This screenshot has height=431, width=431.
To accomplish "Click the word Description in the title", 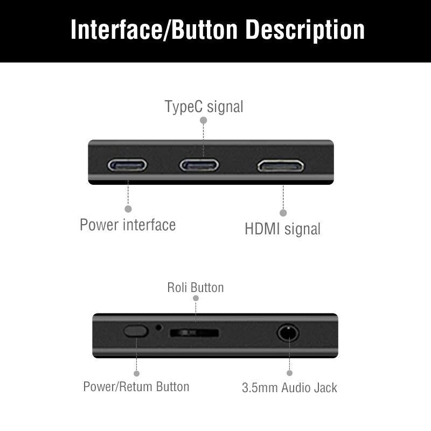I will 305,30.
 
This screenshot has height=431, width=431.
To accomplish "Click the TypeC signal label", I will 204,107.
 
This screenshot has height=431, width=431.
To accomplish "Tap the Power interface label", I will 128,225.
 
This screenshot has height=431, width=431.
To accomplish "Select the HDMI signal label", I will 282,229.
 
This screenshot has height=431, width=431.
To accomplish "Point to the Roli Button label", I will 195,287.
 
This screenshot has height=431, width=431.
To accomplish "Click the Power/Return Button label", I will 136,386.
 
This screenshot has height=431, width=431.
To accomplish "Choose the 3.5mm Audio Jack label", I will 289,387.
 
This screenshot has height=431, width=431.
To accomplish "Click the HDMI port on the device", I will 281,165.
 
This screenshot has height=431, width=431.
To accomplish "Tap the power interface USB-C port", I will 127,164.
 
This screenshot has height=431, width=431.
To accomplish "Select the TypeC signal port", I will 199,164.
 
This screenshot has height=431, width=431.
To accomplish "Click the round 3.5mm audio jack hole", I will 288,332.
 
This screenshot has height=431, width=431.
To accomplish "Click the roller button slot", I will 194,333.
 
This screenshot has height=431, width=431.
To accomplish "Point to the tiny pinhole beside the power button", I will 158,326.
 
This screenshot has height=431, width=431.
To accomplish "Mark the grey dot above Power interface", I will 128,208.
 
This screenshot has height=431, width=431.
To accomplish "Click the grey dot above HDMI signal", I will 283,213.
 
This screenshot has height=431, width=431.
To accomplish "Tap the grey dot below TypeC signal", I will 204,121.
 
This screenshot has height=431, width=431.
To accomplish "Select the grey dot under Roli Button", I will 196,298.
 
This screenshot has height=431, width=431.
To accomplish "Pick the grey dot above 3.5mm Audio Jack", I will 289,373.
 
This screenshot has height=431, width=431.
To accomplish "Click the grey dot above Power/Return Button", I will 136,373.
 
